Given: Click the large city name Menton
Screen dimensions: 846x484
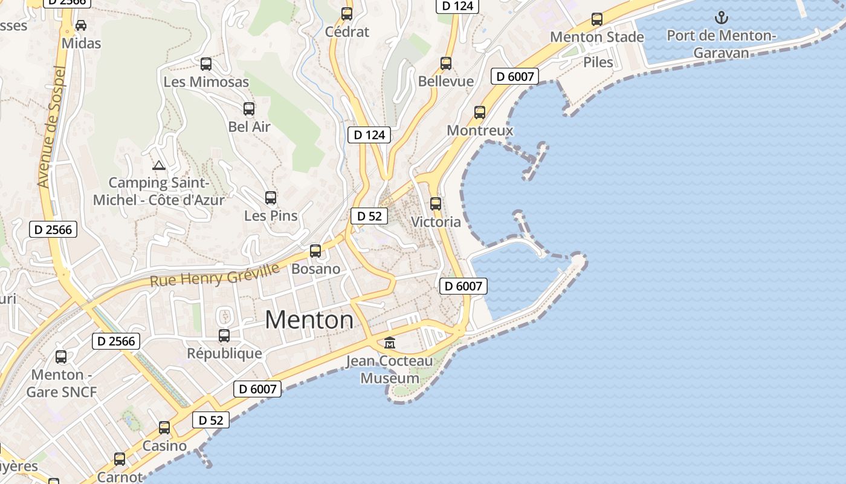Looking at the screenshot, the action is [309, 320].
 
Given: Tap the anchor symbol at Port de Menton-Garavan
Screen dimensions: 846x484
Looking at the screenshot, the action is [721, 18].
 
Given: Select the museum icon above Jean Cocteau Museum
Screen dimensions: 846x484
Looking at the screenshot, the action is [390, 343].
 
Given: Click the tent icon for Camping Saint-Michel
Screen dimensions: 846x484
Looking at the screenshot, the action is [159, 165].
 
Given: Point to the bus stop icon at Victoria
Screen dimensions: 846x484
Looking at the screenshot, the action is [436, 204].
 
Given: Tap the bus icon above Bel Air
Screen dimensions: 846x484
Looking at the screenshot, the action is [249, 109].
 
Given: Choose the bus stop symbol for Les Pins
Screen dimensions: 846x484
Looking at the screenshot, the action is [271, 198].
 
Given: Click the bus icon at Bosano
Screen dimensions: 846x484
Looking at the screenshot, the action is [315, 251].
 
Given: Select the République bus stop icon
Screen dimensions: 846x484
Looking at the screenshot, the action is [224, 336].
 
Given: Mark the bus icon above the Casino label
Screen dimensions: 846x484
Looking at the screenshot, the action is [164, 428].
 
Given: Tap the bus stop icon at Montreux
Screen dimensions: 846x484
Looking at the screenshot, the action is [480, 113].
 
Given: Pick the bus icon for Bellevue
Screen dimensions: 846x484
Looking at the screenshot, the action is [446, 64].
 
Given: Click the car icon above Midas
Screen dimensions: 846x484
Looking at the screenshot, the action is [81, 25].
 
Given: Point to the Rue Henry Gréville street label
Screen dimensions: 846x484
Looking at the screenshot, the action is [215, 274].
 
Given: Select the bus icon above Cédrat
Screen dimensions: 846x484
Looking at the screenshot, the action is [347, 14].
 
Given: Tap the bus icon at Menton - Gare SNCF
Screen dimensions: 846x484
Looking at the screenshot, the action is [61, 357].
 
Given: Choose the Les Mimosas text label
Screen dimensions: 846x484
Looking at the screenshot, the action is [206, 82].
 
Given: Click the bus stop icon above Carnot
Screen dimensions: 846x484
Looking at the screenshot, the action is [120, 459].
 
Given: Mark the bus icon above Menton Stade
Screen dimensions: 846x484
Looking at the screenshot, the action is [597, 19].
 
